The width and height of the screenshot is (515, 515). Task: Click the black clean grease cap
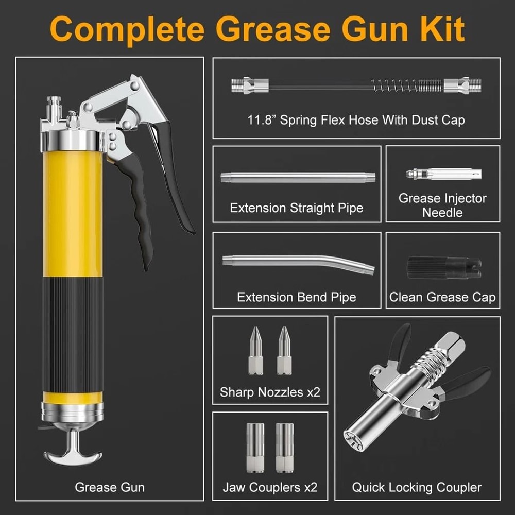[x=443, y=268]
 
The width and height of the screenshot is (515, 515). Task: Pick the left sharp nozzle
[x=255, y=350]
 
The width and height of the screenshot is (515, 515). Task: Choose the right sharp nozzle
[x=283, y=350]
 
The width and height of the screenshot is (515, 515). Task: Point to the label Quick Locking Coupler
[x=417, y=487]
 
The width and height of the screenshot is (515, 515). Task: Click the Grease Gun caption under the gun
[x=110, y=487]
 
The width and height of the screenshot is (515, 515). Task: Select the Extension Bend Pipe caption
[x=297, y=297]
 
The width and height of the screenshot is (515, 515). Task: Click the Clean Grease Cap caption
[x=442, y=297]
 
